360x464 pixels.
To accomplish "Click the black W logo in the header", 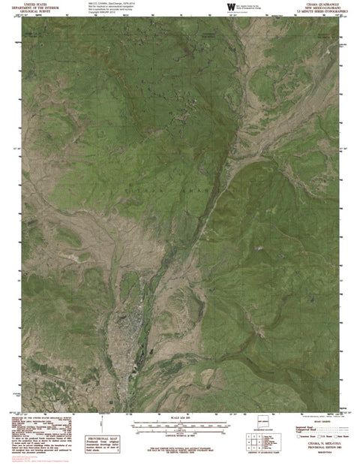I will [x=228, y=8].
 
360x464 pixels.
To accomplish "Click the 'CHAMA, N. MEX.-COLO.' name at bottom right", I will [x=318, y=444].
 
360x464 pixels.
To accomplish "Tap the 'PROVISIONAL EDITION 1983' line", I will [x=318, y=447].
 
